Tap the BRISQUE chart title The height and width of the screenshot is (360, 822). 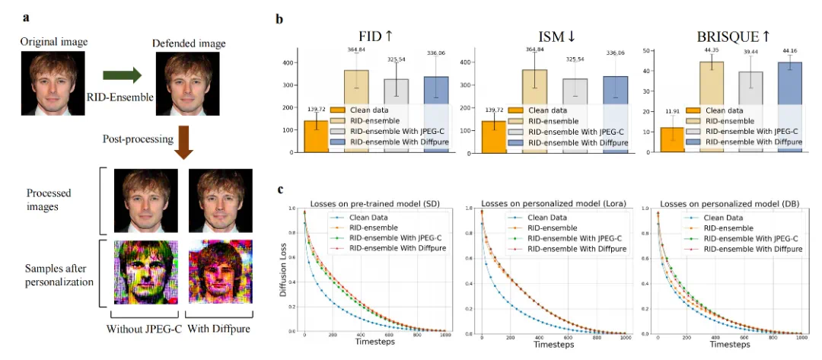coord(719,36)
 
